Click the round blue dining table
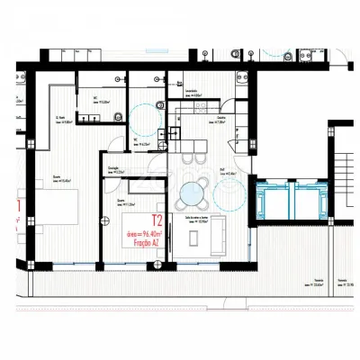pos(193,194)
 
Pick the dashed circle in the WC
pos(139,115)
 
